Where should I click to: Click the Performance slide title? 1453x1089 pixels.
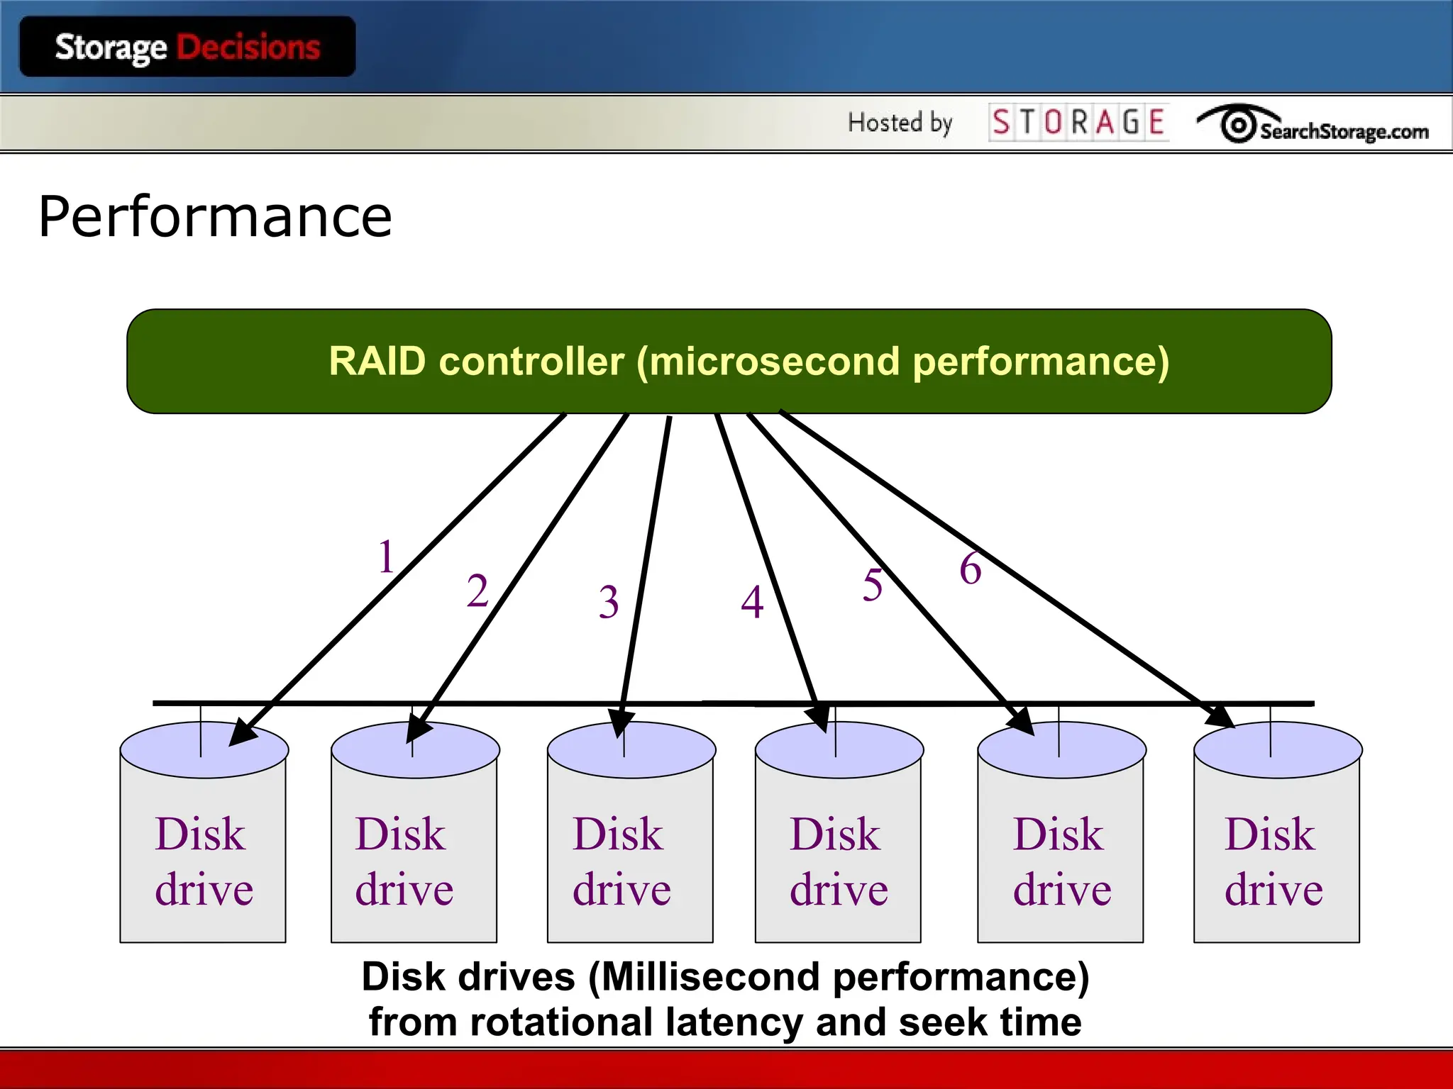click(x=215, y=216)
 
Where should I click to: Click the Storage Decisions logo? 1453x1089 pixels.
click(x=187, y=48)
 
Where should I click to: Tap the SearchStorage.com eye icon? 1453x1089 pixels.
click(x=1238, y=125)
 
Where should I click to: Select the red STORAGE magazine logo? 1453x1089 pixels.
click(x=1078, y=122)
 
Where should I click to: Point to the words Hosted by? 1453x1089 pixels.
click(x=900, y=123)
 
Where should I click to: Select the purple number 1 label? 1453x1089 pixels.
click(x=386, y=557)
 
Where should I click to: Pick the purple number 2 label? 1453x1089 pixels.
click(x=477, y=591)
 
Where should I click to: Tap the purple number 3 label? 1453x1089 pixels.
click(x=608, y=603)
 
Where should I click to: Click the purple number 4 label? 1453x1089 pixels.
click(x=752, y=603)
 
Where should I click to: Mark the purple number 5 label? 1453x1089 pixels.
click(x=873, y=586)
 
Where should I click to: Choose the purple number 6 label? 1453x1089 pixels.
click(x=971, y=569)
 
